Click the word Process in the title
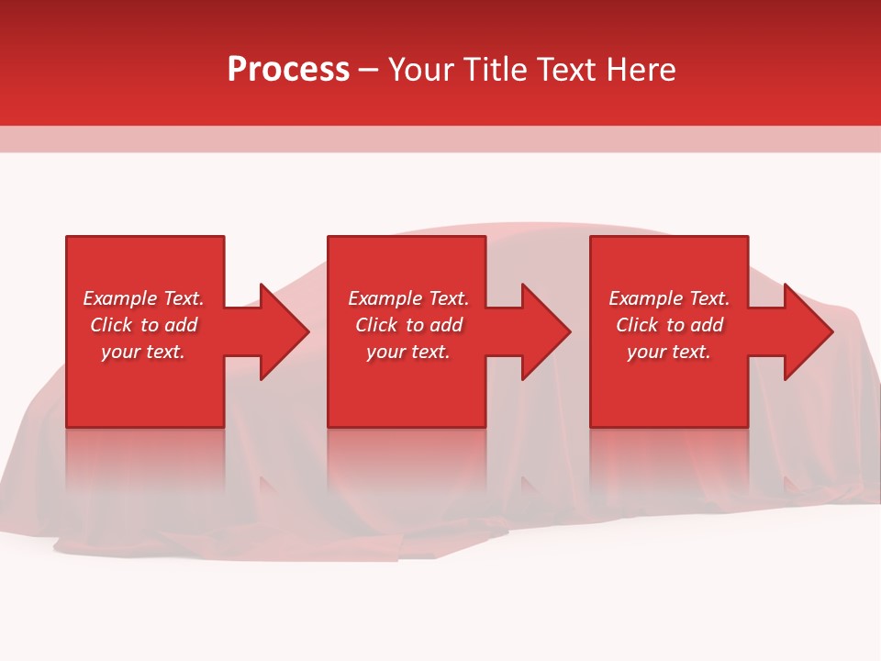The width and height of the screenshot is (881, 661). [288, 70]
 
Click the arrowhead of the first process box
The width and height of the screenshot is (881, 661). [284, 331]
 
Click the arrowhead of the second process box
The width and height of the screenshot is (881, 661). [546, 331]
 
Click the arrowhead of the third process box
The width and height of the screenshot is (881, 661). [809, 331]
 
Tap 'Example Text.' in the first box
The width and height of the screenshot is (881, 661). [143, 298]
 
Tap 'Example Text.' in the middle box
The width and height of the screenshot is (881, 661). [408, 298]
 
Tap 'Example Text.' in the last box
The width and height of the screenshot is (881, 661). [669, 298]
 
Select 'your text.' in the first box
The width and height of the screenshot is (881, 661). [143, 352]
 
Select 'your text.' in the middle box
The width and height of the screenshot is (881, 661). [408, 352]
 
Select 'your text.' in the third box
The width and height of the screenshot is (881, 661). [669, 352]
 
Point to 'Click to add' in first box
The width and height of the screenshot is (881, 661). [143, 325]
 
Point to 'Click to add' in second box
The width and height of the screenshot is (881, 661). [408, 325]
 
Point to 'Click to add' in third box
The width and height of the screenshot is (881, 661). [669, 325]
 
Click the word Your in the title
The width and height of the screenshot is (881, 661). [421, 70]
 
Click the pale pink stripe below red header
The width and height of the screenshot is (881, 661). [440, 139]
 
